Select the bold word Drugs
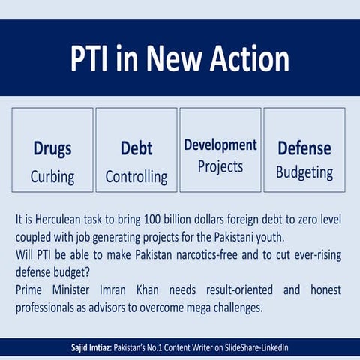[52, 148]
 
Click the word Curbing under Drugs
[52, 178]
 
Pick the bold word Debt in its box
[136, 148]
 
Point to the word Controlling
[136, 178]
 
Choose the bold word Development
[220, 145]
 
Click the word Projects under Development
[220, 166]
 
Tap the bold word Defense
[304, 148]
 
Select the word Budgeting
[304, 172]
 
